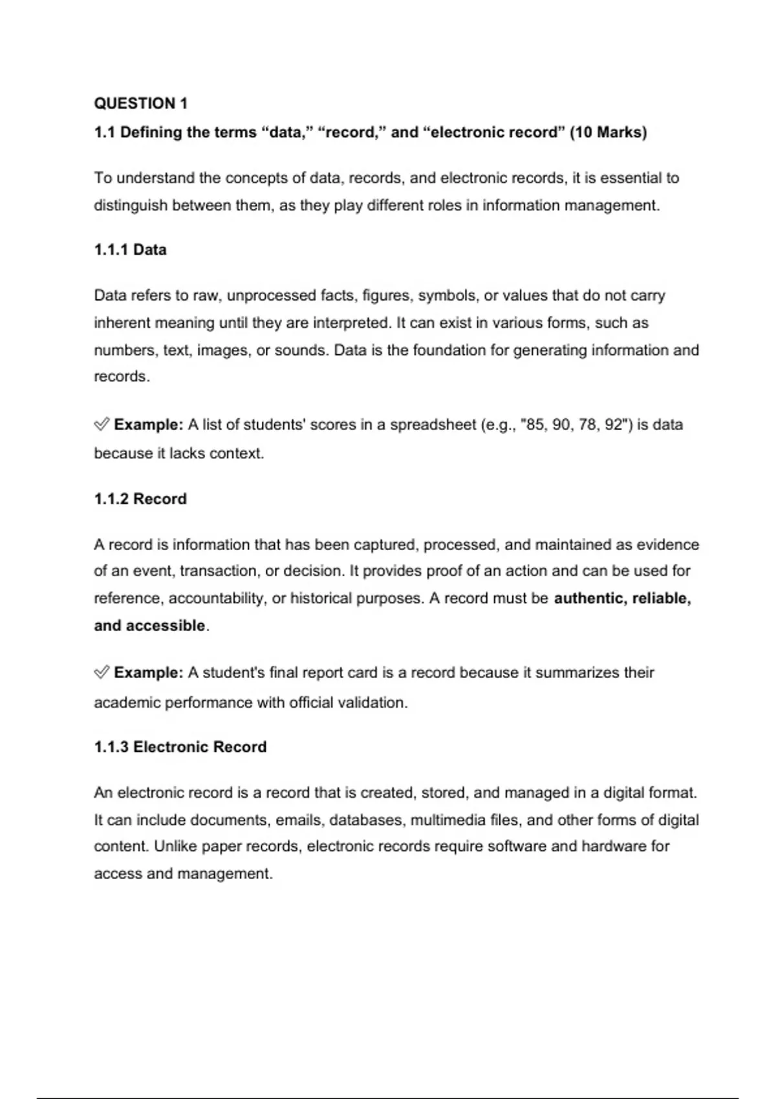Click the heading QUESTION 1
(x=140, y=103)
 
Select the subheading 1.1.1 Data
(x=130, y=250)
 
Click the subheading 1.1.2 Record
(x=140, y=499)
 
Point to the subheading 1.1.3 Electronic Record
(x=180, y=747)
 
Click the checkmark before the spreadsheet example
(x=102, y=425)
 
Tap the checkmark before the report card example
(x=102, y=673)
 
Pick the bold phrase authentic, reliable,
(x=622, y=599)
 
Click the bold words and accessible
(x=149, y=626)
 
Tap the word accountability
(x=217, y=599)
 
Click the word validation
(x=374, y=703)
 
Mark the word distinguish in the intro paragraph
(x=131, y=206)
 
